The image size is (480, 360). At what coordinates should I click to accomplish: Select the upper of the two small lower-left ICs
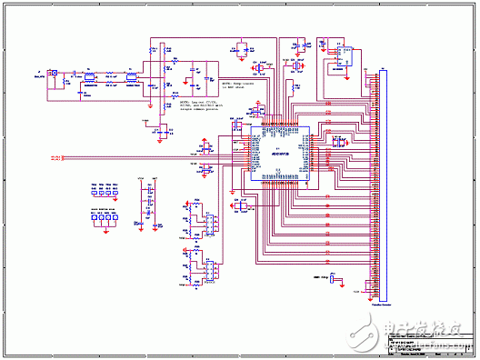coord(206,221)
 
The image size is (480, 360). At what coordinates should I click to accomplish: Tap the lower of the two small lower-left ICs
coord(206,270)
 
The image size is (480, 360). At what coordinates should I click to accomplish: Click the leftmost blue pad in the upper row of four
coord(94,192)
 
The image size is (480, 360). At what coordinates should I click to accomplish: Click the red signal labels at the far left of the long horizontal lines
coord(55,159)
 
